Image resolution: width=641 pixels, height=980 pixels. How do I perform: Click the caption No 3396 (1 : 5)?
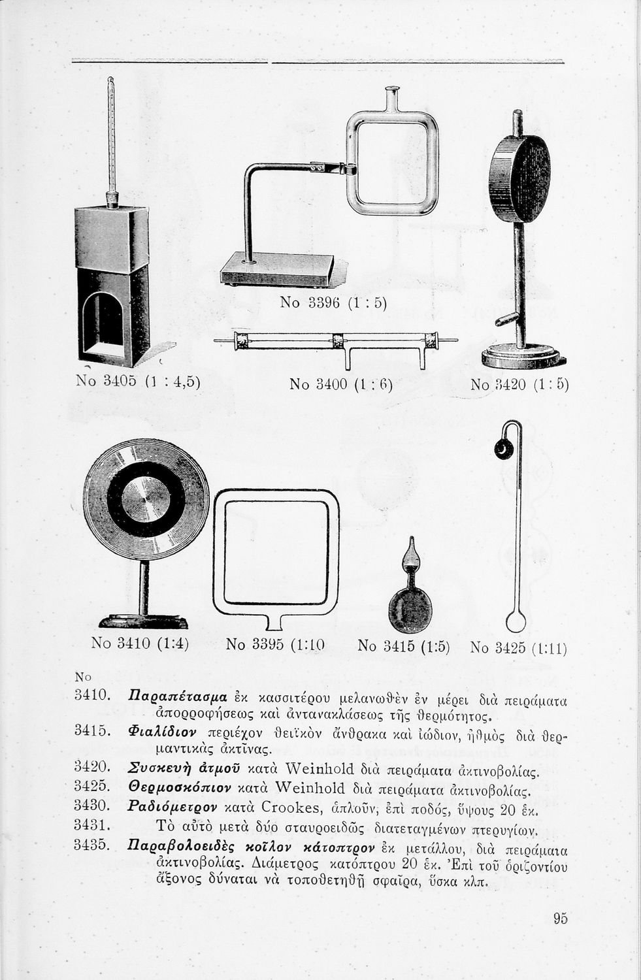tap(333, 302)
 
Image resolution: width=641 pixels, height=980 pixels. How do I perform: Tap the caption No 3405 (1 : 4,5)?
tap(138, 380)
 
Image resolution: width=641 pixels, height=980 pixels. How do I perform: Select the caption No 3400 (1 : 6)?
tap(340, 384)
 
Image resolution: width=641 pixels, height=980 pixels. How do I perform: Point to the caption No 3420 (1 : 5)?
tap(519, 384)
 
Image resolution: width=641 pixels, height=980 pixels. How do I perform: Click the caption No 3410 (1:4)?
tap(140, 644)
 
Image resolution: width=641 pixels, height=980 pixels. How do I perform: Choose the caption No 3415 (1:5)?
tap(404, 646)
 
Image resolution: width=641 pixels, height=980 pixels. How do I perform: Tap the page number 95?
tap(560, 919)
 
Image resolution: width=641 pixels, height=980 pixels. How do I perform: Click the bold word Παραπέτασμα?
tap(178, 696)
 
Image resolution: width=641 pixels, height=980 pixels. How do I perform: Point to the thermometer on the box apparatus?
tap(112, 137)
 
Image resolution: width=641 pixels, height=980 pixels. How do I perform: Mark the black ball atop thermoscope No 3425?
tap(504, 449)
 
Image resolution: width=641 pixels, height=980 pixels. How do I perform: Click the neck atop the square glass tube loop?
tap(393, 99)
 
